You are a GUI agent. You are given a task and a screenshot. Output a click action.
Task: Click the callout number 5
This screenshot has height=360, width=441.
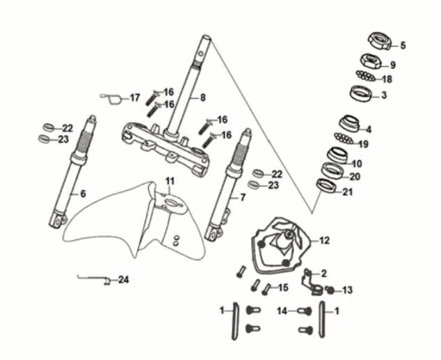click(x=402, y=46)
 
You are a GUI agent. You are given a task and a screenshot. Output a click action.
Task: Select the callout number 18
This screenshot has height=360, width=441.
click(x=387, y=79)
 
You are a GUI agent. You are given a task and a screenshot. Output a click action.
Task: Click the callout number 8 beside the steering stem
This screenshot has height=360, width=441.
click(x=202, y=97)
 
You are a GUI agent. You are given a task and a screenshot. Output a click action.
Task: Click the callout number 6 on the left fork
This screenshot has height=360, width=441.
click(x=83, y=194)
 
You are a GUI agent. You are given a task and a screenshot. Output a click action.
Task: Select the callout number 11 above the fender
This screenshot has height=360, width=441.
click(x=168, y=182)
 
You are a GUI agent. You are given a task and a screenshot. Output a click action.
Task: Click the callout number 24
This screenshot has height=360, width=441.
click(x=123, y=280)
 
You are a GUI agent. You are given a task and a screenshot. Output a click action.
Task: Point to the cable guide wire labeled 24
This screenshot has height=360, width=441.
click(x=93, y=279)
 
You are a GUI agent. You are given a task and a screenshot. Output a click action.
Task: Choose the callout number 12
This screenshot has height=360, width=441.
click(x=324, y=240)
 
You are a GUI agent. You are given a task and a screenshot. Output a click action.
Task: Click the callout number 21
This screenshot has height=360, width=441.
click(x=348, y=192)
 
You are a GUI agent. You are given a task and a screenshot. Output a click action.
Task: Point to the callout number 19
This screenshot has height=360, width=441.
click(x=362, y=144)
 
